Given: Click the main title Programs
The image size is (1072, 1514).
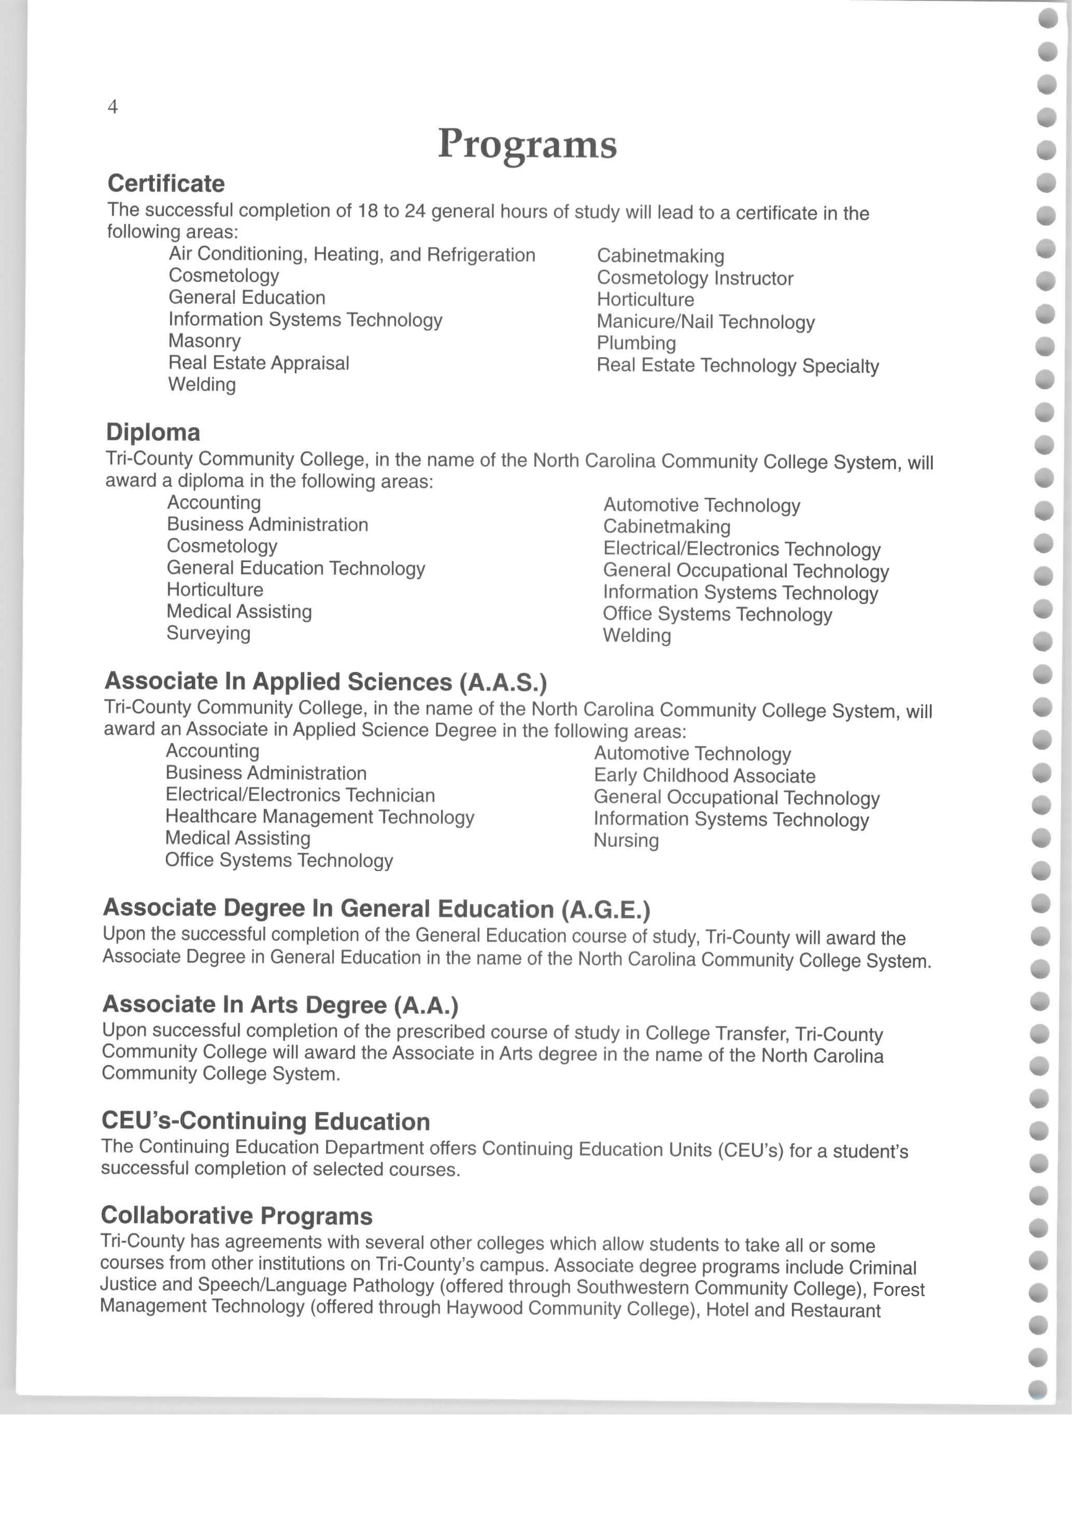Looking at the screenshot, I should (527, 144).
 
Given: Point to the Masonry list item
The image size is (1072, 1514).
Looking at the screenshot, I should (205, 341).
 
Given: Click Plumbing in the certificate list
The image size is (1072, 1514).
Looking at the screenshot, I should (636, 344).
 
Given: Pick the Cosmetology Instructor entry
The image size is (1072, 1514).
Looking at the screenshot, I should (695, 278).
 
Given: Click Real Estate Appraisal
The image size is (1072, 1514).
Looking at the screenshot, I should (259, 363).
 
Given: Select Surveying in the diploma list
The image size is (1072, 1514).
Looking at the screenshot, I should (209, 633).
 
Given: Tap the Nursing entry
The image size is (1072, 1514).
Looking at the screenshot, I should (626, 840).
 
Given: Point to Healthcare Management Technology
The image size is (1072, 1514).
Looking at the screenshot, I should (320, 817).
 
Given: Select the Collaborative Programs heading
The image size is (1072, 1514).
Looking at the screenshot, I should (236, 1215).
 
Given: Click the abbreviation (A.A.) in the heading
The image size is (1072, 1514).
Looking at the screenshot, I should (426, 1005).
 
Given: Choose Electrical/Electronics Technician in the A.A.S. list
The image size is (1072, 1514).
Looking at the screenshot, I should (300, 795).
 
